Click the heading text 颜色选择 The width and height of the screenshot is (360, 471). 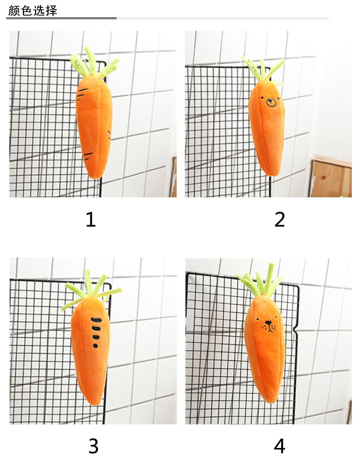33,11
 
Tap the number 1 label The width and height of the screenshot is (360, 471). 91,219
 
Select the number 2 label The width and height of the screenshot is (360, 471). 279,219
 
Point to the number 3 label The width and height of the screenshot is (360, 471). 94,446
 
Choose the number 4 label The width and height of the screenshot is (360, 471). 279,446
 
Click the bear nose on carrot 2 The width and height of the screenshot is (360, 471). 271,103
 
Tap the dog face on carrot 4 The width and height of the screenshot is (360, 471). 268,325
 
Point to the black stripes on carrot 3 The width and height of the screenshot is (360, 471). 96,332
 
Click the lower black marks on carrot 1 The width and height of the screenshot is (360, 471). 88,155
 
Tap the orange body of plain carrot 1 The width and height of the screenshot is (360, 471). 94,126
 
